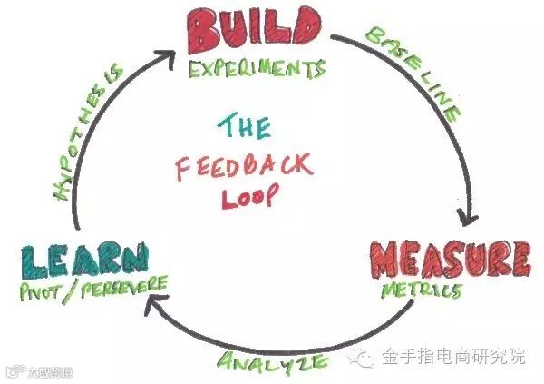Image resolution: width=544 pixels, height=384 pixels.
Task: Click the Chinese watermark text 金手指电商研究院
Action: [x=453, y=357]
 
